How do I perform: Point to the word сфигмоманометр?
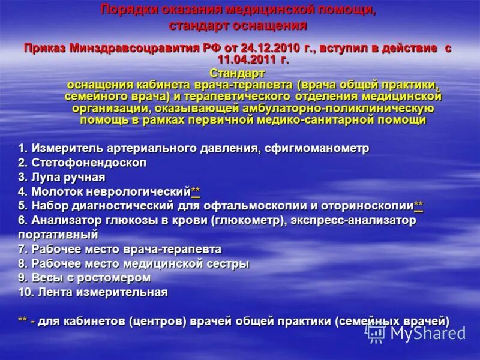324,148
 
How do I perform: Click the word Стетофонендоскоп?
89,163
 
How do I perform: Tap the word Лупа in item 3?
45,177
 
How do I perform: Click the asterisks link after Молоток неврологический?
196,191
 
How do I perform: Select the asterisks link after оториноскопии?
419,206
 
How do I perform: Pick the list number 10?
25,292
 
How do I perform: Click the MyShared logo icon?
376,332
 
